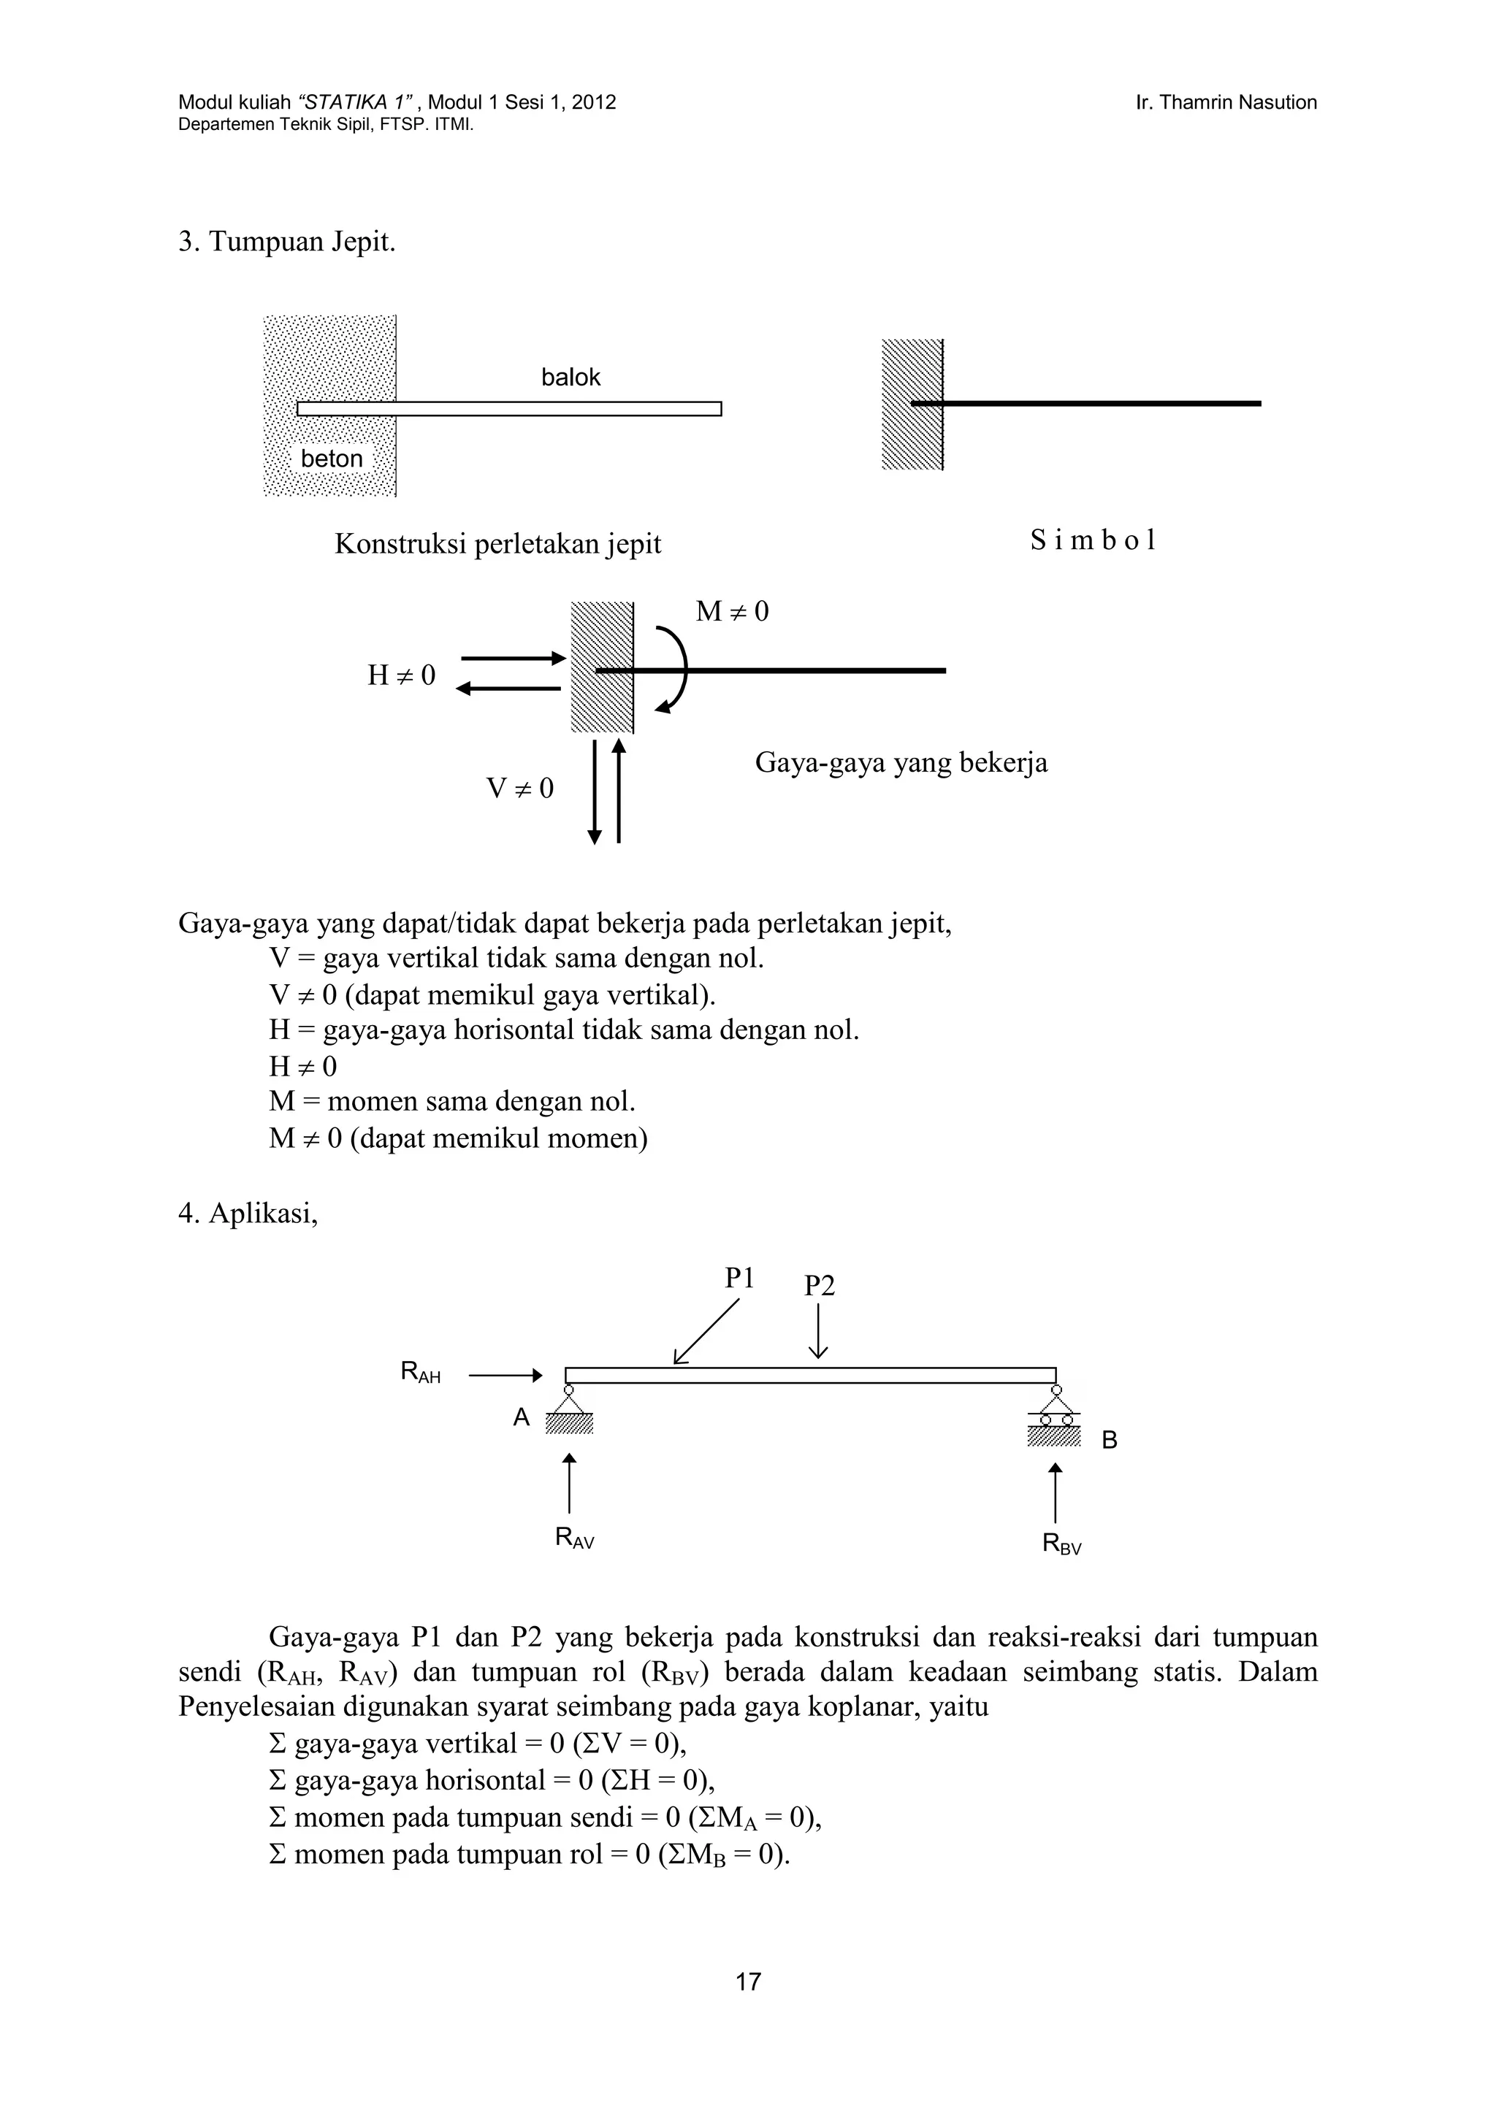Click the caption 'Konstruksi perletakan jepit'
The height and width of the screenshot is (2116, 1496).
(497, 544)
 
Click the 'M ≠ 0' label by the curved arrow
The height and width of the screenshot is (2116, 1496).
(732, 612)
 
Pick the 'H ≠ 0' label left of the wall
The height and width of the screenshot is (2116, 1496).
(401, 675)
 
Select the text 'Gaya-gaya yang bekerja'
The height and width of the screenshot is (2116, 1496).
(901, 763)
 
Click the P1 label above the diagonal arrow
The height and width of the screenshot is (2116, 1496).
(739, 1279)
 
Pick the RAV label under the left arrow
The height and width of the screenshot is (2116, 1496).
(574, 1537)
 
